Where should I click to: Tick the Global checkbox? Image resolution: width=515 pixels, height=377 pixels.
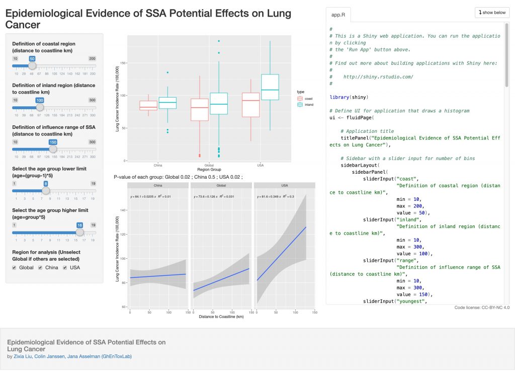point(15,268)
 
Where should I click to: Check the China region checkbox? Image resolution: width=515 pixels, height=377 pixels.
point(41,268)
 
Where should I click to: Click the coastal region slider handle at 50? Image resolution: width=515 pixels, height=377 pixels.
point(32,65)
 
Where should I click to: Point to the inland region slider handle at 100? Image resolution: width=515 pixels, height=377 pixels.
point(40,107)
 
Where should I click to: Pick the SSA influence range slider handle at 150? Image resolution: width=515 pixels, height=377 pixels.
point(53,148)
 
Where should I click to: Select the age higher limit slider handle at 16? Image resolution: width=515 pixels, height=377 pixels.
point(79,232)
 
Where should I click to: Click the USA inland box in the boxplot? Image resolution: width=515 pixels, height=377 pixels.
point(270,87)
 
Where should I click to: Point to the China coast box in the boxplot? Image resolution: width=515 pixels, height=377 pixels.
point(148,105)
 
